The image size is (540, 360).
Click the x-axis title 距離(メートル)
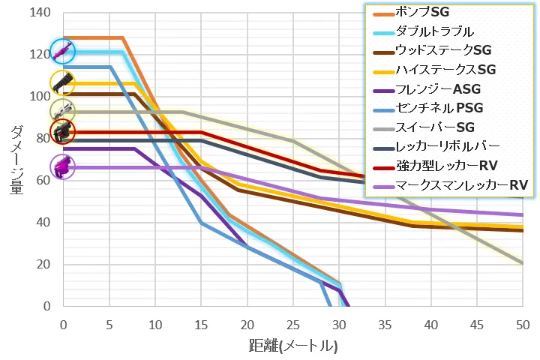point(293,346)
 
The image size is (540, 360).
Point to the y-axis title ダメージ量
point(17,160)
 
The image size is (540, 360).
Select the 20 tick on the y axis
point(43,265)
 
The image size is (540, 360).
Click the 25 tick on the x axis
point(293,324)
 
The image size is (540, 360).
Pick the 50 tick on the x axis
point(523,324)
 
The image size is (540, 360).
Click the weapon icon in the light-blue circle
point(62,52)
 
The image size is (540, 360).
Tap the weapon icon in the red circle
point(62,132)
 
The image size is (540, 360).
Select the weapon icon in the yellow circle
point(62,82)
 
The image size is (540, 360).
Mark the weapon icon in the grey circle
point(62,110)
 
